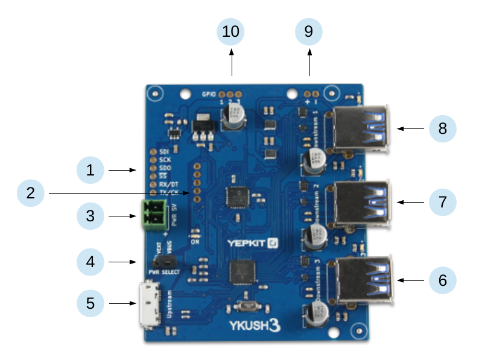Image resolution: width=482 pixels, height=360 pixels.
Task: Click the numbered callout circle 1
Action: point(90,171)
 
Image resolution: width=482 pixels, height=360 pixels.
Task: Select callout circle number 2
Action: point(31,193)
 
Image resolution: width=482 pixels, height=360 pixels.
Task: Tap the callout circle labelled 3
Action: point(90,215)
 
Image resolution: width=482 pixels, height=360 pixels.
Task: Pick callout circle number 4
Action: point(90,262)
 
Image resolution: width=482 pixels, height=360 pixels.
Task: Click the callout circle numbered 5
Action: point(90,303)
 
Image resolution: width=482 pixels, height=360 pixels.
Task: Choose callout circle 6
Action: point(443,280)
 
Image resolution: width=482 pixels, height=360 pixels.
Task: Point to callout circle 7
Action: point(443,202)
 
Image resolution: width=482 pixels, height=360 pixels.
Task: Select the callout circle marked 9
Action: point(309,31)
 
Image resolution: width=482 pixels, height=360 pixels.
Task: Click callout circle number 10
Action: point(231,31)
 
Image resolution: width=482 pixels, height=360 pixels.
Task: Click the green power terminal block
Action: point(155,215)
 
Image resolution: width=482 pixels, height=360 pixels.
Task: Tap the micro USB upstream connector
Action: point(148,305)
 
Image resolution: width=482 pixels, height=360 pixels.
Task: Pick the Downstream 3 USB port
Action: point(362,279)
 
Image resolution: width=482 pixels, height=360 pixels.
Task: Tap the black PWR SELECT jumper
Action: point(164,262)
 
